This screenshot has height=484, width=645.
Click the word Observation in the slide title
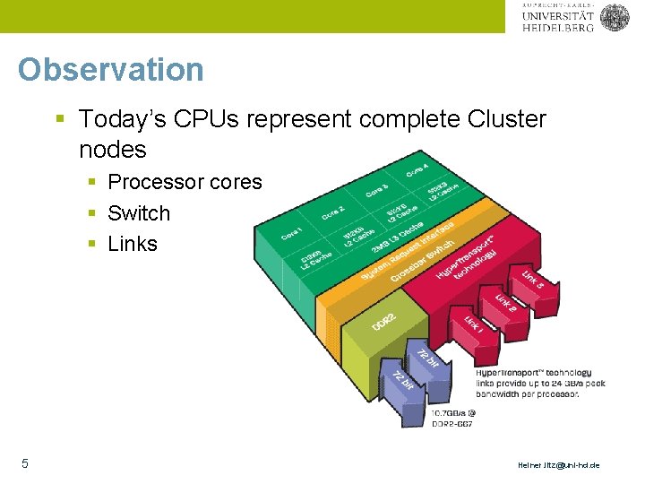pyautogui.click(x=110, y=69)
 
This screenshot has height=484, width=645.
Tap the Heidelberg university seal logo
pyautogui.click(x=615, y=17)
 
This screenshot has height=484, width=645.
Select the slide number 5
pyautogui.click(x=25, y=463)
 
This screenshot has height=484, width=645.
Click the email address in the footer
pyautogui.click(x=559, y=465)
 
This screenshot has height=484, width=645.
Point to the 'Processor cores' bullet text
pyautogui.click(x=185, y=182)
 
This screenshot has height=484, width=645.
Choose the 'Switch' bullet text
pyautogui.click(x=138, y=213)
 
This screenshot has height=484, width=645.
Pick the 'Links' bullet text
pyautogui.click(x=132, y=244)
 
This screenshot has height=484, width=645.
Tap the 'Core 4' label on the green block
pyautogui.click(x=417, y=170)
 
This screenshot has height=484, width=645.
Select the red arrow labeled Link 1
pyautogui.click(x=474, y=324)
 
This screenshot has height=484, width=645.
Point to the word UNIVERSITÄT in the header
pyautogui.click(x=556, y=15)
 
